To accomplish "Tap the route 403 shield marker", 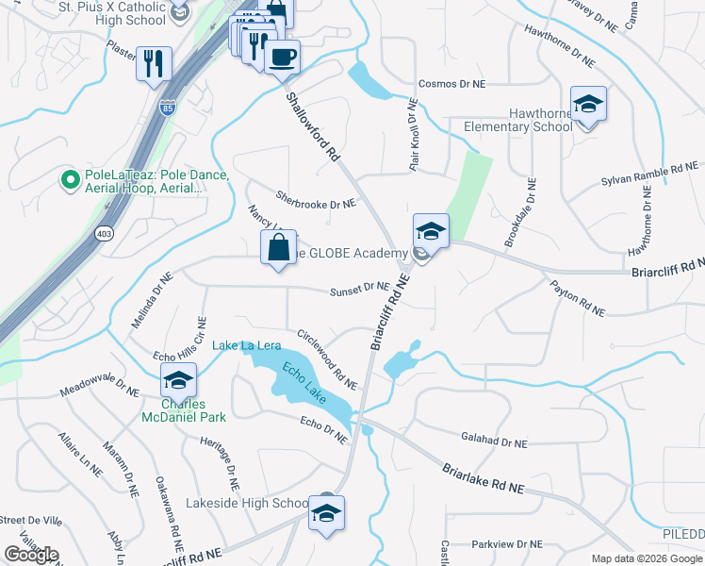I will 101,233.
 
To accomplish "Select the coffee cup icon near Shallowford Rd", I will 281,58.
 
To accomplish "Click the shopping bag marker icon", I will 279,249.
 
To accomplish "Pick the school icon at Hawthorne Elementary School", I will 588,105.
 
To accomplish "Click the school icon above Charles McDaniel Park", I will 176,382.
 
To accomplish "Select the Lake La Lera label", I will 247,345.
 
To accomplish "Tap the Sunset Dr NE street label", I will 359,289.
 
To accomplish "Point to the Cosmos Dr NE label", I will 451,84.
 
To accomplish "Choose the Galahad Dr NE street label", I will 494,441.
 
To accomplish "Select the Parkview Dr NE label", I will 507,544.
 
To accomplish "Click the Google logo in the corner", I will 31,555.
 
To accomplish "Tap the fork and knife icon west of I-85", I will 153,63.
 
